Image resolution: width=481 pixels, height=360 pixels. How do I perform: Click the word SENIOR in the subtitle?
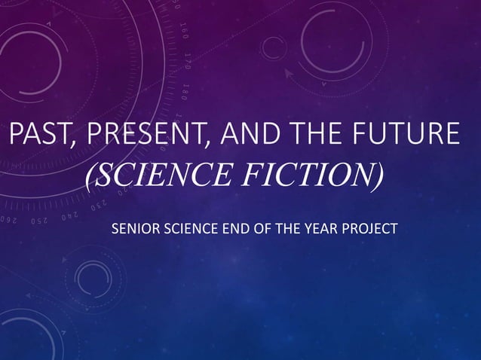click(133, 228)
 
